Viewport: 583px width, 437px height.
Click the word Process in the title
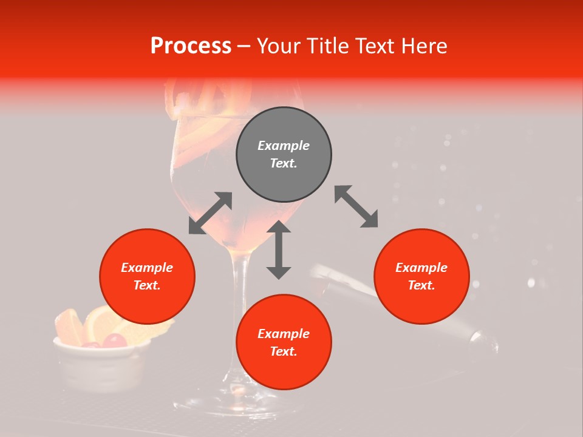click(x=191, y=46)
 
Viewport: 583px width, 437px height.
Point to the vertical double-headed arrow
click(x=279, y=249)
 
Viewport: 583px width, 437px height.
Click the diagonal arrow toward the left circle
click(x=210, y=213)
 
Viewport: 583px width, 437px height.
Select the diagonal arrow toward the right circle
click(x=356, y=206)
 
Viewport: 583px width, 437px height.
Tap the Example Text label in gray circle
click(x=284, y=154)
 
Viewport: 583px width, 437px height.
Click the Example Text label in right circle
click(x=421, y=276)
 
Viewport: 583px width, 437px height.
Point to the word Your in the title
click(x=281, y=46)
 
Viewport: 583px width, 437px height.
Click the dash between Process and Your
click(x=244, y=46)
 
